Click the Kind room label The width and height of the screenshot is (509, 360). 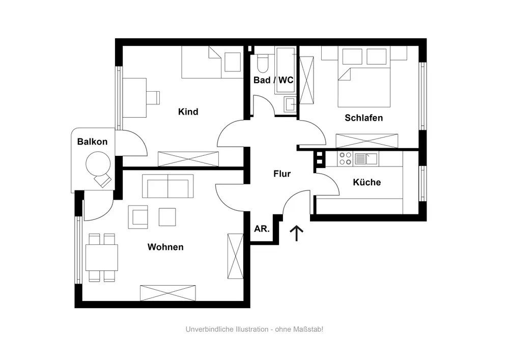point(188,112)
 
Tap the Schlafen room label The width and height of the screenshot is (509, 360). point(363,118)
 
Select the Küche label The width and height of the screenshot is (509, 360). point(366,182)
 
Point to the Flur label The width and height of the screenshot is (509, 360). point(282,174)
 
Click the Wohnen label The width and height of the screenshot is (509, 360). point(165,247)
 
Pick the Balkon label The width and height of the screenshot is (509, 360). point(92,142)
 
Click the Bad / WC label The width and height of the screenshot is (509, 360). point(273,80)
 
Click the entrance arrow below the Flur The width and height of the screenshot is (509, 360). point(296,233)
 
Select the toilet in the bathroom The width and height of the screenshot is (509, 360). point(263,63)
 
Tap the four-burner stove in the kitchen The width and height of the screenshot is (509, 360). point(345,159)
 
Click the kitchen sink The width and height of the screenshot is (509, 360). point(366,159)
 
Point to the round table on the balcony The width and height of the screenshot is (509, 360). point(98,164)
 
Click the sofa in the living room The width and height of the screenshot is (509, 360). point(168,186)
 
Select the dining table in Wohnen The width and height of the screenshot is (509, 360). point(102,257)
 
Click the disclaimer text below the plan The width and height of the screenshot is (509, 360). point(254,329)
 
